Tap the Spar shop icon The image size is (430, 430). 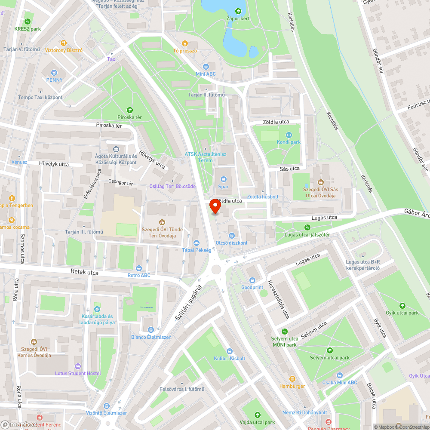[x=223, y=179]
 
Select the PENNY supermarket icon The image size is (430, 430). [x=54, y=73]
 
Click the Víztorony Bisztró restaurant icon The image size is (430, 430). [x=64, y=43]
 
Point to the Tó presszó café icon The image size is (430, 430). [x=185, y=43]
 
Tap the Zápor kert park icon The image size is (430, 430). [x=238, y=11]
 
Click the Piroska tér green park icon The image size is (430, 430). [x=130, y=110]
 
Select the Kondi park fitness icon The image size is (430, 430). [x=289, y=135]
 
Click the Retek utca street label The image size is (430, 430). [x=84, y=273]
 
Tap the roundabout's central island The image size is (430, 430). [x=216, y=269]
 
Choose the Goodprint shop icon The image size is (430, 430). [x=252, y=280]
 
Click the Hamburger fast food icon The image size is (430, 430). [x=292, y=379]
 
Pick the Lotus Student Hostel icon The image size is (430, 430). [x=78, y=366]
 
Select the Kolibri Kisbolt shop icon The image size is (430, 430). [x=229, y=351]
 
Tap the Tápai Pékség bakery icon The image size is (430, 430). [x=197, y=243]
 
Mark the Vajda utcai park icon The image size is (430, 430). [x=257, y=415]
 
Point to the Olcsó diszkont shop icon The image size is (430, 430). [x=231, y=235]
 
